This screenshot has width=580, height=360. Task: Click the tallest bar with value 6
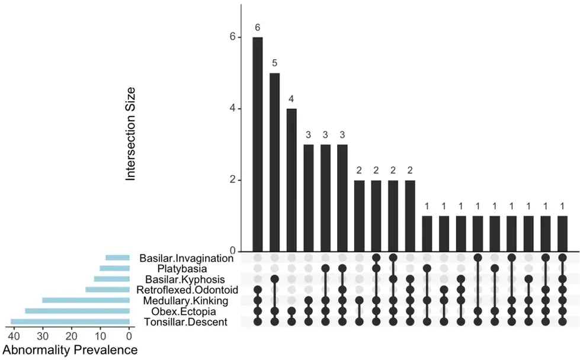pos(258,144)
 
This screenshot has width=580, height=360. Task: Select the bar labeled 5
pos(274,163)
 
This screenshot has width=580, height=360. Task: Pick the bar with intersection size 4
pos(291,181)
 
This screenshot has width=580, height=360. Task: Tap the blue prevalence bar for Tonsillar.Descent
pos(71,322)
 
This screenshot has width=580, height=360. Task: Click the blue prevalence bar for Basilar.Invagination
pos(118,258)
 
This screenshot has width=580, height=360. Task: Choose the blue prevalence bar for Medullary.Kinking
pos(86,300)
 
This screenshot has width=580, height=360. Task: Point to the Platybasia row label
pos(182,269)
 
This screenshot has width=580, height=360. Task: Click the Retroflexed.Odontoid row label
pos(187,290)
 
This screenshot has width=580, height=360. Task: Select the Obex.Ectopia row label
pos(184,311)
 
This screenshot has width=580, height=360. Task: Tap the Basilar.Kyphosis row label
pos(185,279)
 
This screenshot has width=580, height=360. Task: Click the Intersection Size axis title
pos(130,134)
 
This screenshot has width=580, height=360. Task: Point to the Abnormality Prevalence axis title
pos(70,350)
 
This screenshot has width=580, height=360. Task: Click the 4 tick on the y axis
pos(233,109)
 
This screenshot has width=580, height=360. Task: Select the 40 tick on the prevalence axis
pos(14,336)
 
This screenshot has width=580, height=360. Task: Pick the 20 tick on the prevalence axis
pos(72,336)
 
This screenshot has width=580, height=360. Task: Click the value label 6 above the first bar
pos(258,28)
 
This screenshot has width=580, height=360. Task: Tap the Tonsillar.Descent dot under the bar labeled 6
pos(258,322)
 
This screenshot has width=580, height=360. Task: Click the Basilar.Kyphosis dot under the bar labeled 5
pos(274,279)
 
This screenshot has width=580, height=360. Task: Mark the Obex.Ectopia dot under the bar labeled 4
pos(291,311)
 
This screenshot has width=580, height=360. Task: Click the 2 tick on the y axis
pos(233,180)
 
